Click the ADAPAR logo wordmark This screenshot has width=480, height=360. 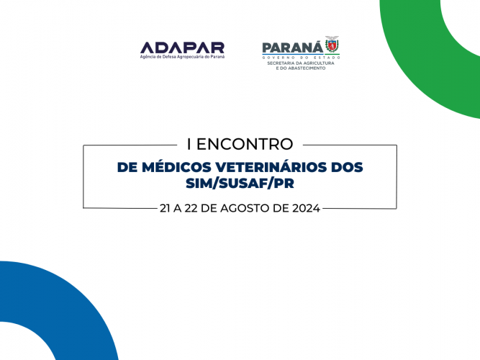[x=182, y=47]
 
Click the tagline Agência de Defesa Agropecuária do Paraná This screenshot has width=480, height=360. [x=182, y=56]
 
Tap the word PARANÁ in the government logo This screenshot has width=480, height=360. [x=292, y=48]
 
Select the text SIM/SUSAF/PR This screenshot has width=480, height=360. [x=240, y=185]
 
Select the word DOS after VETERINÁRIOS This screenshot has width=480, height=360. [x=345, y=167]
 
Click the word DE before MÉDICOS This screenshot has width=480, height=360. [x=127, y=167]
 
